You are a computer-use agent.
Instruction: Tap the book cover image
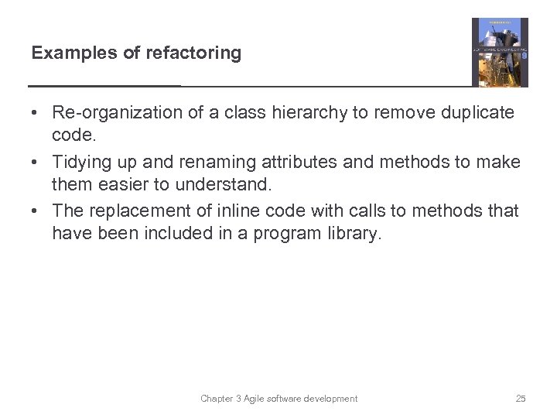pos(500,52)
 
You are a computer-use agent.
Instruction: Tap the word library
pos(353,234)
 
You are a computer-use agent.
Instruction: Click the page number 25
pos(521,399)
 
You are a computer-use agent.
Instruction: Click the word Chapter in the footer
pos(217,399)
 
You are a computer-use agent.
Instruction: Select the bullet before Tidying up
pos(36,163)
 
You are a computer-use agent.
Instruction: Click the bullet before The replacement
pos(36,211)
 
